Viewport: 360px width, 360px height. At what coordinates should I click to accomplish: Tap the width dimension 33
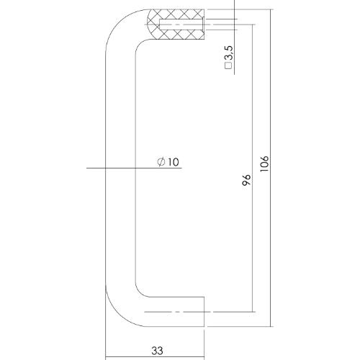tap(157, 351)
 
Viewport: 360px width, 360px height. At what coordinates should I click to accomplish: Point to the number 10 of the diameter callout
tap(172, 163)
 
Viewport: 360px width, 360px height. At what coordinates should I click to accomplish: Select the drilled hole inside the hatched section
tap(184, 26)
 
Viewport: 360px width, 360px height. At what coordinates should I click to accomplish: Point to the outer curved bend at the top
tap(115, 29)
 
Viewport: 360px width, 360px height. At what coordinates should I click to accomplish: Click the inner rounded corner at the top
tap(138, 48)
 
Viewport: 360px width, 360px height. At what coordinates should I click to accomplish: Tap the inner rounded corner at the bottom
tap(139, 291)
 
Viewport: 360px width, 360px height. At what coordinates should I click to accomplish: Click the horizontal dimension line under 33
tap(157, 358)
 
